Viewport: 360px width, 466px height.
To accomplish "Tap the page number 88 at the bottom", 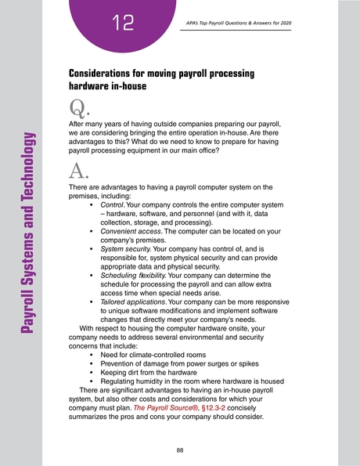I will tap(180, 428).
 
